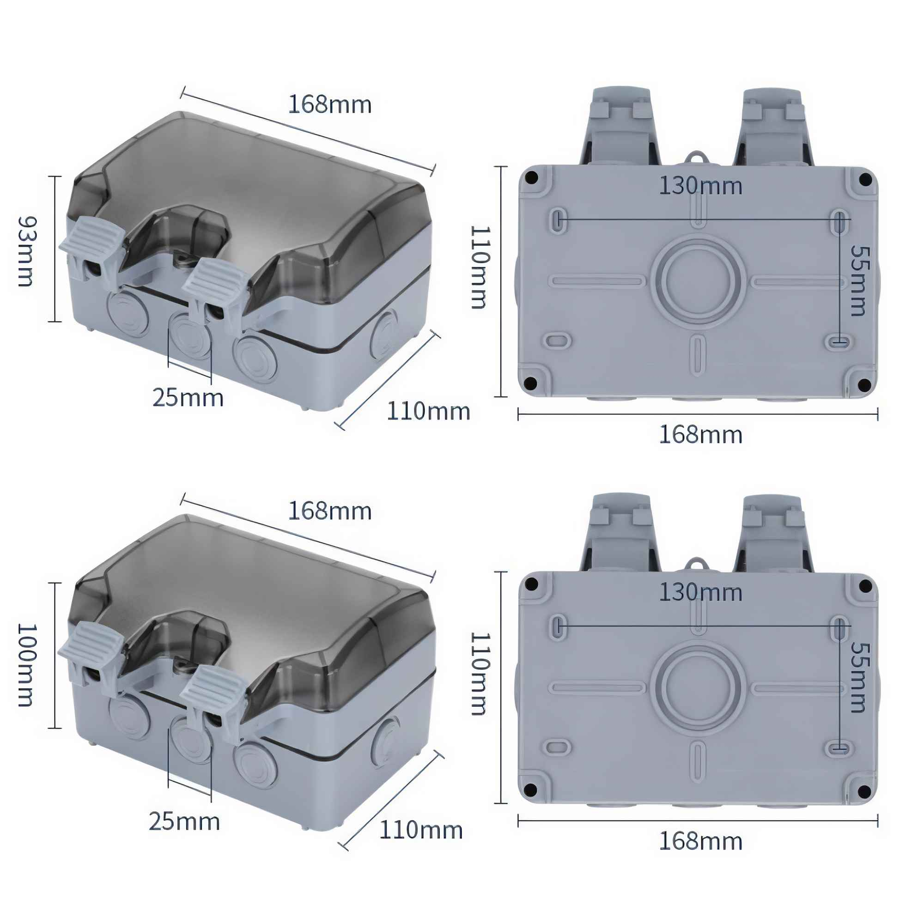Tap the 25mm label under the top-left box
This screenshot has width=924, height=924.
(x=188, y=398)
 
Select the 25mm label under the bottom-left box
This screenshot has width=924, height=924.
(x=184, y=821)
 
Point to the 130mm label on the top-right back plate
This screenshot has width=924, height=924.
(x=701, y=186)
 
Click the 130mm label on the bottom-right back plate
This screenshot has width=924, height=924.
(x=701, y=592)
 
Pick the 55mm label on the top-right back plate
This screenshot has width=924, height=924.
(x=859, y=281)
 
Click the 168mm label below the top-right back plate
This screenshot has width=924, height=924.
(x=701, y=435)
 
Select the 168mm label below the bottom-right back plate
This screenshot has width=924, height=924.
(x=701, y=841)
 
